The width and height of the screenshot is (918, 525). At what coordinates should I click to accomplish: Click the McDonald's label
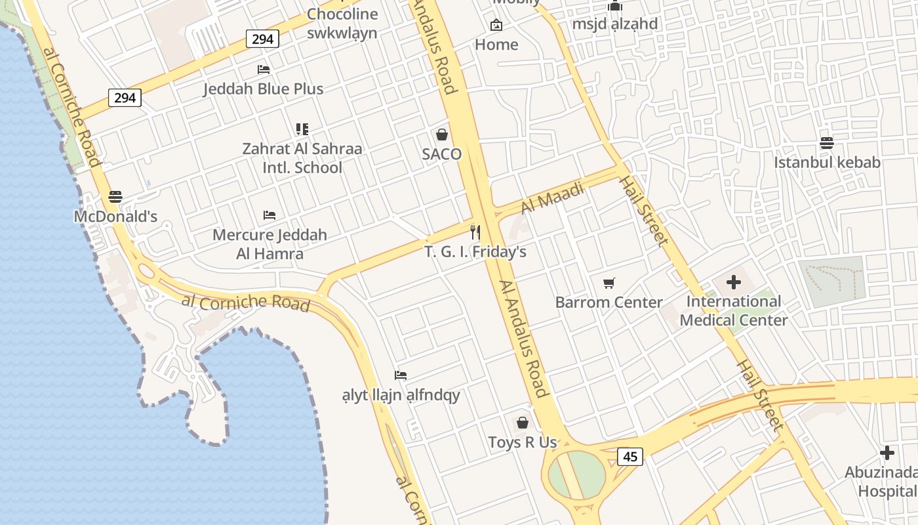(115, 217)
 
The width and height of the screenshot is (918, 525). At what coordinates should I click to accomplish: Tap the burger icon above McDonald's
(115, 197)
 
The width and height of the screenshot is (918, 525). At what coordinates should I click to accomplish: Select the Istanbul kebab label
(827, 162)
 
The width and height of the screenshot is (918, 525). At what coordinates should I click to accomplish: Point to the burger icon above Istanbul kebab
(827, 143)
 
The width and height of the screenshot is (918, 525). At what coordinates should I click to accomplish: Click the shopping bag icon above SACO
(442, 135)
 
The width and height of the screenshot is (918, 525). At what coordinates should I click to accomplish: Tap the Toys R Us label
(523, 442)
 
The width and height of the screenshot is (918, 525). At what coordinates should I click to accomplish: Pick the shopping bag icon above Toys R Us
(523, 423)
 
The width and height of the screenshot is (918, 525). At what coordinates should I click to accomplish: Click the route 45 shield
(630, 457)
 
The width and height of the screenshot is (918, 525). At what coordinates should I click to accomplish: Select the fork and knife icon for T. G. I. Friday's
(475, 232)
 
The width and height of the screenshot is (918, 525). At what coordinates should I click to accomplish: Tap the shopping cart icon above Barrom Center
(609, 283)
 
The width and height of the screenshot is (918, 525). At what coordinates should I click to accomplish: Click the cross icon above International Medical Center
(734, 283)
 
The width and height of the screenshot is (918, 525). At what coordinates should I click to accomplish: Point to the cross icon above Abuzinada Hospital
(887, 453)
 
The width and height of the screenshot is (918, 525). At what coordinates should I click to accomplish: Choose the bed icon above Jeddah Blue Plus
(264, 70)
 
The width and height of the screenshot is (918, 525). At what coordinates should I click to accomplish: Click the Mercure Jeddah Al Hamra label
(269, 244)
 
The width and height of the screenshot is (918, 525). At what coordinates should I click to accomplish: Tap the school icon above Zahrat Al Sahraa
(302, 129)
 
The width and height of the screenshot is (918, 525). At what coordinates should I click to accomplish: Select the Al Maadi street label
(552, 198)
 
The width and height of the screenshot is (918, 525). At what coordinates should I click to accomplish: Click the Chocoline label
(342, 14)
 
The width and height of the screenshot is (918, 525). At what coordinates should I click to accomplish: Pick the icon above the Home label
(496, 26)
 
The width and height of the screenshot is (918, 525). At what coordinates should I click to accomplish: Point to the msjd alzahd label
(614, 24)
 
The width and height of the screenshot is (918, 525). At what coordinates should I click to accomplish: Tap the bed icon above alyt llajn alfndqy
(401, 375)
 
